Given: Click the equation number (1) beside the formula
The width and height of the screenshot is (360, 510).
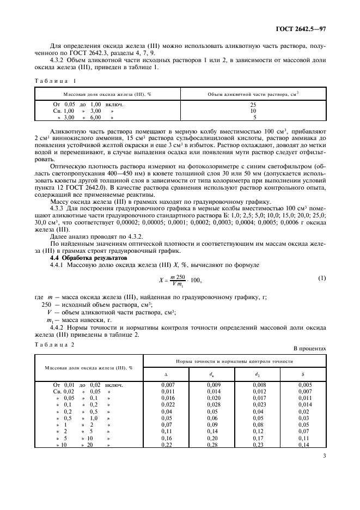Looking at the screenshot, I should (x=321, y=278).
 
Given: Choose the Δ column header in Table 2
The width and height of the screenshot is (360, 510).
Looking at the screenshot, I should (x=166, y=374).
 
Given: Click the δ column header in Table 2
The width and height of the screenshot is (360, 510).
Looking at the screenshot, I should (x=303, y=374).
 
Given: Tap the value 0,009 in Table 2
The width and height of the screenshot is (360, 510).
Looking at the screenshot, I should (x=211, y=385).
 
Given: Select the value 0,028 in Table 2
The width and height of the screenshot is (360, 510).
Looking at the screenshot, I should (x=211, y=405).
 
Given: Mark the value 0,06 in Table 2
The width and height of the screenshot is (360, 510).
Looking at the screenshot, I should (x=211, y=418).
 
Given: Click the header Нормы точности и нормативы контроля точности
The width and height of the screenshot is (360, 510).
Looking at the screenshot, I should (x=234, y=361).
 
